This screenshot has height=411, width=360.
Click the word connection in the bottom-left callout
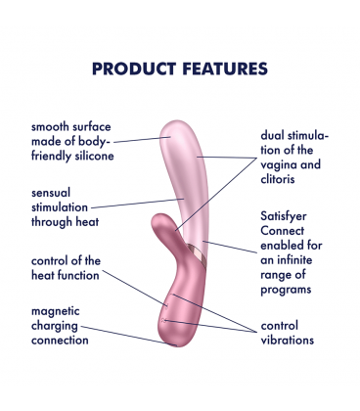point(61,340)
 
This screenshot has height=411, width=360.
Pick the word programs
point(288,290)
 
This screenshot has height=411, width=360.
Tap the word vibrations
point(288,341)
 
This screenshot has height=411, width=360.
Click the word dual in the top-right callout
point(276,135)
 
